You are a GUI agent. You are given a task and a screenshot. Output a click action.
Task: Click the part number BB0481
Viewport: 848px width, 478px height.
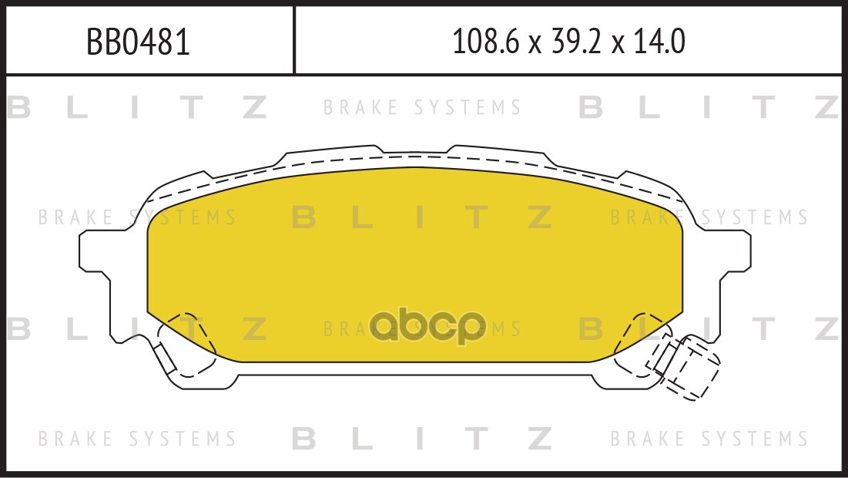pos(139,42)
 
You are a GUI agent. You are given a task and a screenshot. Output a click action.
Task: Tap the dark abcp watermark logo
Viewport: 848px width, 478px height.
pos(427,326)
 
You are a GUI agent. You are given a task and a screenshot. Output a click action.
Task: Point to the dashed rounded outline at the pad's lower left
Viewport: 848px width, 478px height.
pos(186,345)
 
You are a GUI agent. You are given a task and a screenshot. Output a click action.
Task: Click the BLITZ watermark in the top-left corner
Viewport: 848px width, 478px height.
pos(137,107)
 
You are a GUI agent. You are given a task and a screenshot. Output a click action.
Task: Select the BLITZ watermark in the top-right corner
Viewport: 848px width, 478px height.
pos(709,107)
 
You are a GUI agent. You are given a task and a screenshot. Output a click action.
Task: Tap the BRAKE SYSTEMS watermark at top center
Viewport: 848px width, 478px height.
pos(422,107)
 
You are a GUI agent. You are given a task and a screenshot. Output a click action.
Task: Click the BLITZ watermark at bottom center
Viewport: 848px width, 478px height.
pos(423,438)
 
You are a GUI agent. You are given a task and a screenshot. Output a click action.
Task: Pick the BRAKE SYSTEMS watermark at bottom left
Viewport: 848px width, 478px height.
pos(137,438)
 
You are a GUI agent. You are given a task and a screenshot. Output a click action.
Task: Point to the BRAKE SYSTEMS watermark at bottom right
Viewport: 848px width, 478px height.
pos(709,438)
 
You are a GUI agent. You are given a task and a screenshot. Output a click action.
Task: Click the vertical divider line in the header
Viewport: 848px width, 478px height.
pos(293,40)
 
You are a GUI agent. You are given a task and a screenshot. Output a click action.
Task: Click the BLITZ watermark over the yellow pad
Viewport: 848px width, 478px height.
pos(423,217)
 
